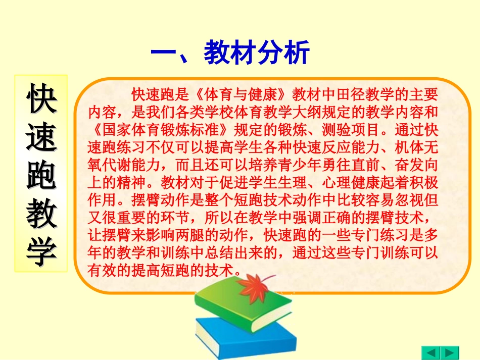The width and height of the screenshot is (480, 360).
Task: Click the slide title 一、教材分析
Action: click(230, 53)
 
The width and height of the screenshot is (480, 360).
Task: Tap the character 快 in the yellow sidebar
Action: click(41, 98)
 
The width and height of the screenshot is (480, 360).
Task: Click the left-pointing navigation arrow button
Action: click(431, 352)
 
